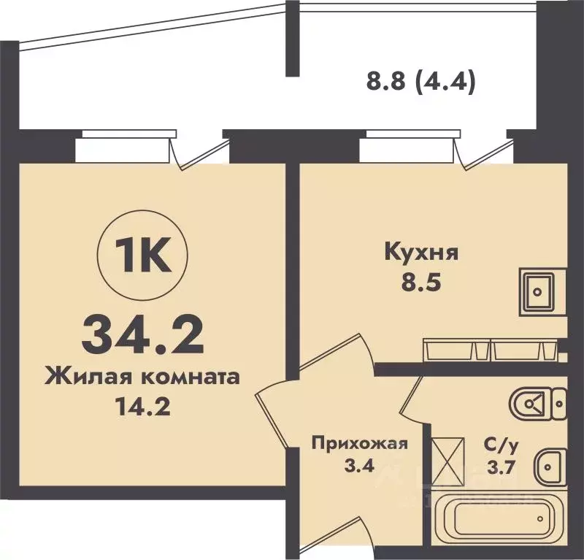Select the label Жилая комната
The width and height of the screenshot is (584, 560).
(142, 377)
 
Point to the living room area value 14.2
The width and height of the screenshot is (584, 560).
(142, 405)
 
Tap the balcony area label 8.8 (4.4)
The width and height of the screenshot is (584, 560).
(420, 83)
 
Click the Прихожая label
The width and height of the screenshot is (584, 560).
(358, 442)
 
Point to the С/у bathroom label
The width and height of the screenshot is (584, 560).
(502, 442)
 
